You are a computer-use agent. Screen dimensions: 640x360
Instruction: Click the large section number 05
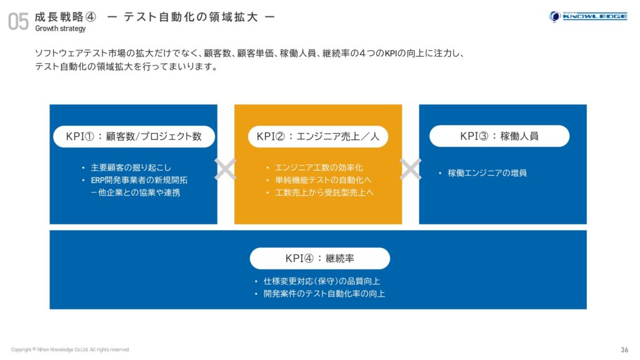click(18, 21)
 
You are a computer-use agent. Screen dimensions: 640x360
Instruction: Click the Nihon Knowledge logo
click(587, 16)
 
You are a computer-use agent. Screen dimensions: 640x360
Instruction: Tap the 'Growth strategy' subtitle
click(61, 29)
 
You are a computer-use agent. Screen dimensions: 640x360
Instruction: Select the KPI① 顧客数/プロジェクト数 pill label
click(134, 136)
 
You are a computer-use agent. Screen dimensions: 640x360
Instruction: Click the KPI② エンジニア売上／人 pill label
click(318, 136)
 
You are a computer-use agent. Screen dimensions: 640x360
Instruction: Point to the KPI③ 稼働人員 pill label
click(499, 136)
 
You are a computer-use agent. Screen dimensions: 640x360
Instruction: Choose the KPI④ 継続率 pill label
click(319, 258)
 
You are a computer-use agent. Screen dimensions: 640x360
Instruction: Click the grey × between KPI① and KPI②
click(225, 169)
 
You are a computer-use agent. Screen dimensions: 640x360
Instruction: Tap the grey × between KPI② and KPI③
click(410, 169)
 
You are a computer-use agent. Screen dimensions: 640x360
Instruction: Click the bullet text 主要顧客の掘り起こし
click(131, 167)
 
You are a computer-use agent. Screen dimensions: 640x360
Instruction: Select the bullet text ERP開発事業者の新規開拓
click(139, 180)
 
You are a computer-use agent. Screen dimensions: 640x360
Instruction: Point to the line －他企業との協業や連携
click(135, 192)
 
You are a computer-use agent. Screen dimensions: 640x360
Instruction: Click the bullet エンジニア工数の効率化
click(319, 167)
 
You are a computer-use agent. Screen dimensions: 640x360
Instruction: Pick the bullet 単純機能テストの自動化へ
click(323, 180)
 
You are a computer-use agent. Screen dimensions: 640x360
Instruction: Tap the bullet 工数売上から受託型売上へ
click(324, 192)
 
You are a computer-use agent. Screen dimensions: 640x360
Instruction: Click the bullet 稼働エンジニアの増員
click(487, 173)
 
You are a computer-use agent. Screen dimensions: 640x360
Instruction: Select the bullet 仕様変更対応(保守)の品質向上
click(322, 281)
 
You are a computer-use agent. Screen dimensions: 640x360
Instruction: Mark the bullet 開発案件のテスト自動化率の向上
click(324, 294)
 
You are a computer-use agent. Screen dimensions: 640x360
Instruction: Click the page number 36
click(624, 350)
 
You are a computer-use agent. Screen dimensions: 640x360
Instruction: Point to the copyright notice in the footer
click(70, 349)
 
